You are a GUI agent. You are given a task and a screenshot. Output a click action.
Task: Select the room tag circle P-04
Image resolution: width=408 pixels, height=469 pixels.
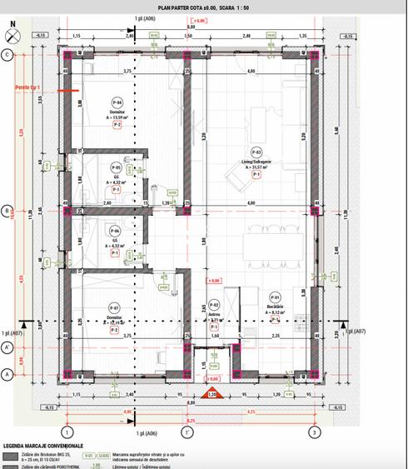point(117,101)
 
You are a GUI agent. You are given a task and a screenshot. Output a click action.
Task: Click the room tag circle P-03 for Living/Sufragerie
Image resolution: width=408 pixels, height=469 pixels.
point(256,152)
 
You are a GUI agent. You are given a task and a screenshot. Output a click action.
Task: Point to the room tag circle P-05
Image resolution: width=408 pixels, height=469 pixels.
point(117,167)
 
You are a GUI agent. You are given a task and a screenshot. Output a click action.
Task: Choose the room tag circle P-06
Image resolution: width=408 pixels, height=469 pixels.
point(117,231)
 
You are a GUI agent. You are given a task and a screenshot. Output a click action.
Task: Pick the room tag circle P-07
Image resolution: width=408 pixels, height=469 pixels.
point(117,308)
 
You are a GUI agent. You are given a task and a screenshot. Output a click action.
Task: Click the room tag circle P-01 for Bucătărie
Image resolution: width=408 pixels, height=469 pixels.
point(275,297)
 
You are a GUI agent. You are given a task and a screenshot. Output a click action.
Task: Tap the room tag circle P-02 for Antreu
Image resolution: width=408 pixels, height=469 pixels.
point(213,306)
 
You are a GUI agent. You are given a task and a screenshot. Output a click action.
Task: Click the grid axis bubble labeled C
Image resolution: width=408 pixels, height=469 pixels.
point(7,55)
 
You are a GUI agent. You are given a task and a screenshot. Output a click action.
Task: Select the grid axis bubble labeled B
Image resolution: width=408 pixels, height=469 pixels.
point(7,211)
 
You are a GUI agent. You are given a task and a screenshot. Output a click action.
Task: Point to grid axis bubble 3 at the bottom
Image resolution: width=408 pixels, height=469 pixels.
point(313,432)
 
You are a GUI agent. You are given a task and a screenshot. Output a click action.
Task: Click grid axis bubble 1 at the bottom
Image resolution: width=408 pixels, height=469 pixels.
point(67,432)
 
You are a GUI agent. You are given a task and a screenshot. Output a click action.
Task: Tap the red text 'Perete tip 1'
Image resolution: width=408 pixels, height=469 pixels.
point(27,87)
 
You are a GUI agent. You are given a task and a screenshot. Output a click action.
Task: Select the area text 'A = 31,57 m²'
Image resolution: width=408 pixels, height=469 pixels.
point(256,167)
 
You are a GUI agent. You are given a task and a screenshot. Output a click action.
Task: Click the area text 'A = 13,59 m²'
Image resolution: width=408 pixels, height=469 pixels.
point(117,117)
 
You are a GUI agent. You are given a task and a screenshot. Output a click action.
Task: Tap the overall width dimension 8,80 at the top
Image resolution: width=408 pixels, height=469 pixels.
point(190,27)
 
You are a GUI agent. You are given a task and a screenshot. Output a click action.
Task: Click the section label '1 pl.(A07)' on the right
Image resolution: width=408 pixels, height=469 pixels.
point(378,332)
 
